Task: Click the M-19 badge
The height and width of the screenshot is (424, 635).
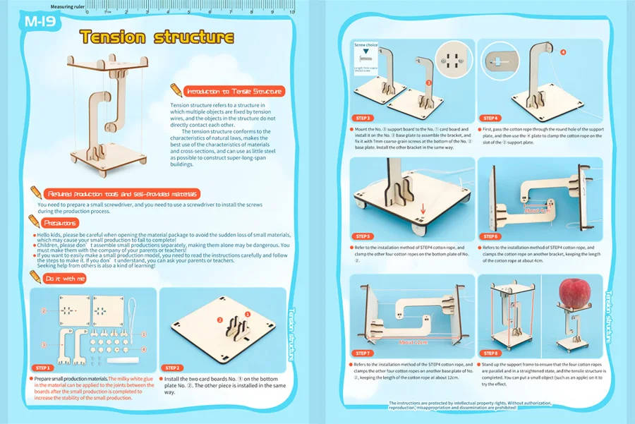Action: [x=42, y=21]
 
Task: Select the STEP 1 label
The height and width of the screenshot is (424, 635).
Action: [x=43, y=368]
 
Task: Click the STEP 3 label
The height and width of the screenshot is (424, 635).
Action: [x=365, y=118]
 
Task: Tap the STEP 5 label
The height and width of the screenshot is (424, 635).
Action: [x=365, y=236]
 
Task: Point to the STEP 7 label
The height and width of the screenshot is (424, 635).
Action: [x=365, y=353]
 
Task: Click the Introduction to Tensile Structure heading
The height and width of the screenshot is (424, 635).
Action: [x=234, y=91]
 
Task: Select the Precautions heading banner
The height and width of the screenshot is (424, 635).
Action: [x=64, y=222]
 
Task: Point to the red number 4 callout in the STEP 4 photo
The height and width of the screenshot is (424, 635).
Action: [x=563, y=52]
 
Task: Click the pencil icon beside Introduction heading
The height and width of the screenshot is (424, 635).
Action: [x=176, y=90]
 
